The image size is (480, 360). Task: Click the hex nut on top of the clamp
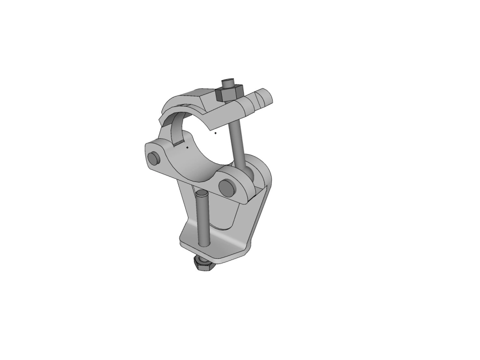230,92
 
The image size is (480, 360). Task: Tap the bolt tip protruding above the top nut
228,81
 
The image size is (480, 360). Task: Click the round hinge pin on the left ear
154,158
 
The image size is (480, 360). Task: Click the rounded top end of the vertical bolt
202,193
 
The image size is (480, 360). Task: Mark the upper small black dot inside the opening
216,133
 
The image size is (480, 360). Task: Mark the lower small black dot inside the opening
187,147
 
